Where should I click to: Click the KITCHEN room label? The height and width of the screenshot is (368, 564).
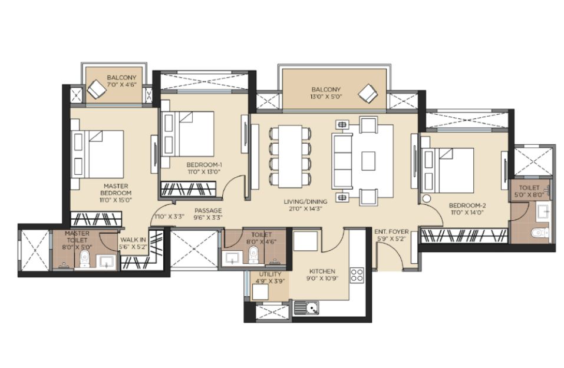click(x=322, y=271)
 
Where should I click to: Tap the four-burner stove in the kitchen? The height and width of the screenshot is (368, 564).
click(x=357, y=275)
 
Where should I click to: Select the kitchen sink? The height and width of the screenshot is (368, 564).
click(x=306, y=308)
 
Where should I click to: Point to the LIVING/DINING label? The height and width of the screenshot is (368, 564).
click(x=305, y=201)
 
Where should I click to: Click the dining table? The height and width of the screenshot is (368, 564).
click(x=290, y=157)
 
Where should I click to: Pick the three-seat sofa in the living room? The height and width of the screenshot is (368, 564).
click(x=342, y=161)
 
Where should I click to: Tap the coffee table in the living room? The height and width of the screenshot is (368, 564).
click(x=368, y=161)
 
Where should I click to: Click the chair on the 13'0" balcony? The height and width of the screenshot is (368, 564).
click(x=368, y=93)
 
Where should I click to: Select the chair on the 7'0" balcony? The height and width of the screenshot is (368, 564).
click(x=96, y=89)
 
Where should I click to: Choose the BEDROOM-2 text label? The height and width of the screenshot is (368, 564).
click(x=467, y=205)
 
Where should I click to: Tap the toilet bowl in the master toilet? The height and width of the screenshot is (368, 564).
click(x=85, y=258)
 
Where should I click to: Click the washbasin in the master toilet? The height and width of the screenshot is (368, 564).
click(x=107, y=261)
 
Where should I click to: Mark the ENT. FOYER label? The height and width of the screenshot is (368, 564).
click(x=391, y=232)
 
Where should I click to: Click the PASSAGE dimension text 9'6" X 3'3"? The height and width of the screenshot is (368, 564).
click(x=208, y=217)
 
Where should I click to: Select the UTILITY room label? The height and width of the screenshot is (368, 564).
click(x=270, y=274)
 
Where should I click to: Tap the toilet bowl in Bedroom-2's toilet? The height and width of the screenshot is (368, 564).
click(x=540, y=233)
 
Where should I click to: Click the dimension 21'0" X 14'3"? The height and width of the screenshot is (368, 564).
click(x=305, y=208)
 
